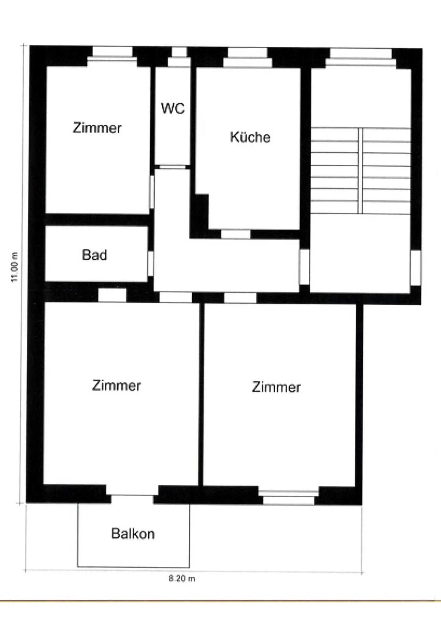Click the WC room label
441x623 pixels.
click(173, 108)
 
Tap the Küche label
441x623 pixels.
click(250, 137)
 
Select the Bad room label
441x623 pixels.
click(95, 255)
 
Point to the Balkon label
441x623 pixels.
click(133, 534)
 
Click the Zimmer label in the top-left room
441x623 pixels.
click(97, 128)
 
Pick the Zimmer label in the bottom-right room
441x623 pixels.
click(276, 387)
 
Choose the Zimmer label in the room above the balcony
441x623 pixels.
click(116, 385)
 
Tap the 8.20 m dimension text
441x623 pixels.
click(182, 578)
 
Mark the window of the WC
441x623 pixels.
click(179, 57)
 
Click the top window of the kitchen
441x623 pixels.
click(247, 57)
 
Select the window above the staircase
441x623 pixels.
click(361, 57)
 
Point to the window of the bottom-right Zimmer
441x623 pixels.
click(288, 497)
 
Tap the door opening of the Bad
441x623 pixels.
click(150, 263)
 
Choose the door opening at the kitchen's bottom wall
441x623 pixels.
click(236, 234)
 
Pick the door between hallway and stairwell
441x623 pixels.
click(304, 267)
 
